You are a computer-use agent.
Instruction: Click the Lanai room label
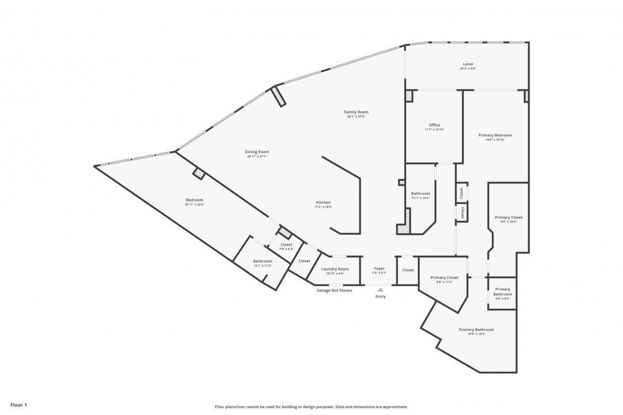[468, 64]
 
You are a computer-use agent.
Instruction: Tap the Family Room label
[356, 112]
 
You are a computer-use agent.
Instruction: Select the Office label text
[434, 125]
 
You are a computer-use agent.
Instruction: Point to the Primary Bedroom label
[495, 135]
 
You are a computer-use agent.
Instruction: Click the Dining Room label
[258, 152]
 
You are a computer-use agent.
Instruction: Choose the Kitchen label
[323, 202]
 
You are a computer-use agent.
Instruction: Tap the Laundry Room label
[335, 269]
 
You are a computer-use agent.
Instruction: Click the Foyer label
[379, 269]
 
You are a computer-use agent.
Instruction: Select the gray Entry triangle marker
[380, 290]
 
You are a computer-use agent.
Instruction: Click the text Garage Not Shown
[334, 290]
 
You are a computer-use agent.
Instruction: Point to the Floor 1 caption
[18, 405]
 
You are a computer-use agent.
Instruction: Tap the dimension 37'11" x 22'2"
[194, 205]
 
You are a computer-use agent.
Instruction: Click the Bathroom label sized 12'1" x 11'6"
[262, 261]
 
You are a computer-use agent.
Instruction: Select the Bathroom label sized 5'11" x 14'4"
[421, 194]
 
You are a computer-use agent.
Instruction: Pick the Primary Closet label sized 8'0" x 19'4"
[509, 217]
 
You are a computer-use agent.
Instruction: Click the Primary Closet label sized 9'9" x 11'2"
[445, 278]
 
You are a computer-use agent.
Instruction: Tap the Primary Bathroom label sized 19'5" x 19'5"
[476, 330]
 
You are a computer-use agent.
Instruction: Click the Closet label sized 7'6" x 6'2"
[286, 244]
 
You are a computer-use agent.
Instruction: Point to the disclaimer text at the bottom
[311, 406]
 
